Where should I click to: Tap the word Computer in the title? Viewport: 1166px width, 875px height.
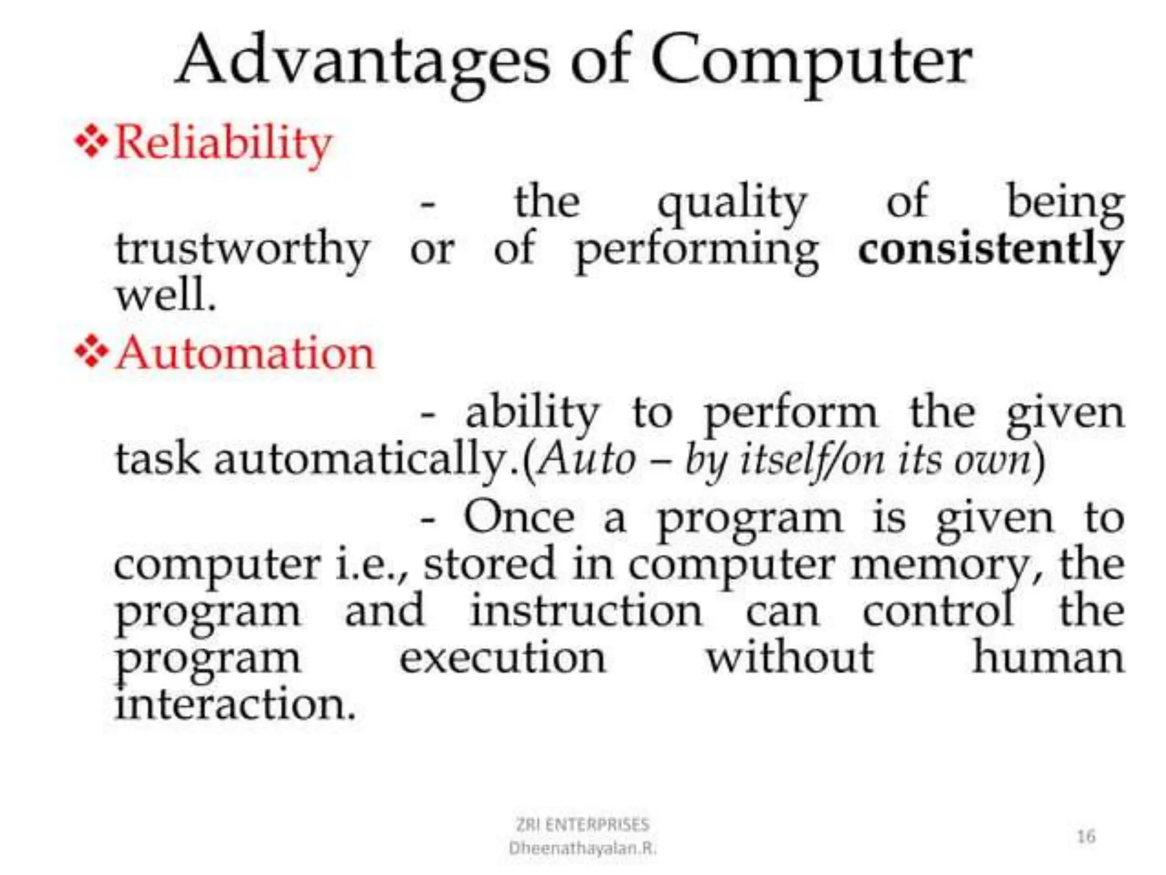point(811,62)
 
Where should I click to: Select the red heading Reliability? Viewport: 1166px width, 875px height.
point(223,142)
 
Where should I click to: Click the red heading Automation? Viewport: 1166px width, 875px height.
point(245,353)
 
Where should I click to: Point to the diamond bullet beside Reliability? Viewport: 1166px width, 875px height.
point(91,140)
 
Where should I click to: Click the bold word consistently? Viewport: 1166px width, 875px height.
point(991,250)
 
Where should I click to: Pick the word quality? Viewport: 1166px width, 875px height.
point(732,203)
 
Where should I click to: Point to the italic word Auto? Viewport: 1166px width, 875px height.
point(587,459)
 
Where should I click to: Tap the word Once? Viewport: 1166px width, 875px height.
point(519,517)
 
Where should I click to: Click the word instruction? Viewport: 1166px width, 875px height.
point(586,611)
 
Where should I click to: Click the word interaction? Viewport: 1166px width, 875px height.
point(235,705)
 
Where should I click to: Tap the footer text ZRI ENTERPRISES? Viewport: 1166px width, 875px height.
point(582,824)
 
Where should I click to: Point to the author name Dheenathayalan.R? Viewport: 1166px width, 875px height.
point(582,848)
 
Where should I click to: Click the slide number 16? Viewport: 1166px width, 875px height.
point(1086,836)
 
